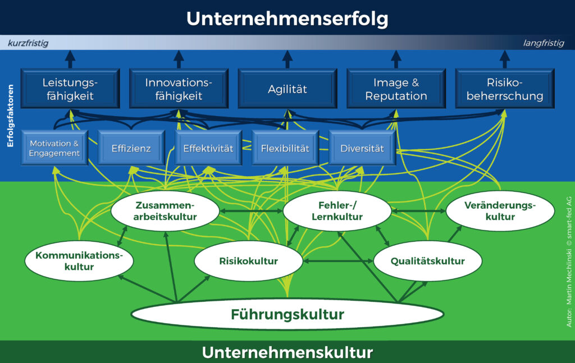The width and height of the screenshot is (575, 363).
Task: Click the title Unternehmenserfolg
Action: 287,19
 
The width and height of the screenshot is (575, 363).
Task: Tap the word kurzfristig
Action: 28,43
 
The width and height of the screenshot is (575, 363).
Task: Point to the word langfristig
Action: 544,43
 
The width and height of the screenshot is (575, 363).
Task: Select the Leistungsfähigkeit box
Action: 70,89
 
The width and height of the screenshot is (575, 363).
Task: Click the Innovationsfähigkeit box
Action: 179,89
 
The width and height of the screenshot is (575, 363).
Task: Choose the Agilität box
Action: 287,89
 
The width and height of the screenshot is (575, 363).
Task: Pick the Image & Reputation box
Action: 396,89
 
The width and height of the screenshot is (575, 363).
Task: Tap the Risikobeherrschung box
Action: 505,89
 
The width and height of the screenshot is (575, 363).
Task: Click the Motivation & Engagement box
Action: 54,148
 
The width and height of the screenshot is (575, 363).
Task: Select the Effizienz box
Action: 131,148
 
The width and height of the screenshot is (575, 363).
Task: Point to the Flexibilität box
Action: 285,148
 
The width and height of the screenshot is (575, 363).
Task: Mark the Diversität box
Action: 362,148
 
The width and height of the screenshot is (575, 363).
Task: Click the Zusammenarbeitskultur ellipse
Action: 165,211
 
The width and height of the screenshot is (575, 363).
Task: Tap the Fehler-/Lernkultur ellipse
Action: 337,211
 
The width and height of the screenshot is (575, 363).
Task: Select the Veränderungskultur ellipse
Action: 500,211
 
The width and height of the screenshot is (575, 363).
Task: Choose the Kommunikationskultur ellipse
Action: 79,261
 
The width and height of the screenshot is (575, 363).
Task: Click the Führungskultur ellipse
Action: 287,314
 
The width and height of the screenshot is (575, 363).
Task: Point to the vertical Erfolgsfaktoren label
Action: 10,116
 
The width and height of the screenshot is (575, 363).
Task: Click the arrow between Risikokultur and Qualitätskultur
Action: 338,261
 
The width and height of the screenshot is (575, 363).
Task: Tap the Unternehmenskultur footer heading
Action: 287,352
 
